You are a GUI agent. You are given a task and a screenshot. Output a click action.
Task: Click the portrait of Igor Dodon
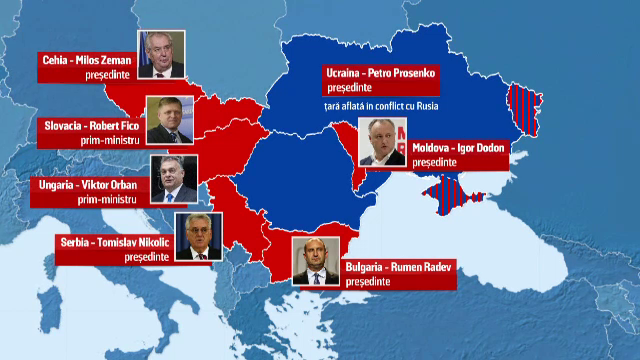pyautogui.click(x=381, y=142)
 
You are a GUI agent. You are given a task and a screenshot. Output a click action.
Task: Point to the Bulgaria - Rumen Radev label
pyautogui.click(x=400, y=266)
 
